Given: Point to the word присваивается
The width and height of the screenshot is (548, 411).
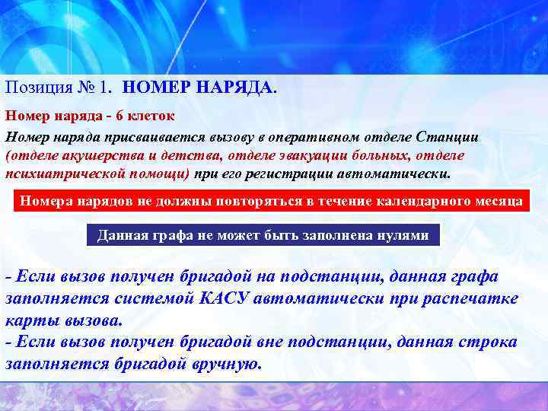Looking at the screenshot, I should tap(149, 137).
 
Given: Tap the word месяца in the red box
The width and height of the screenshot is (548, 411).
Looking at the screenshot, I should tap(497, 202).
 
